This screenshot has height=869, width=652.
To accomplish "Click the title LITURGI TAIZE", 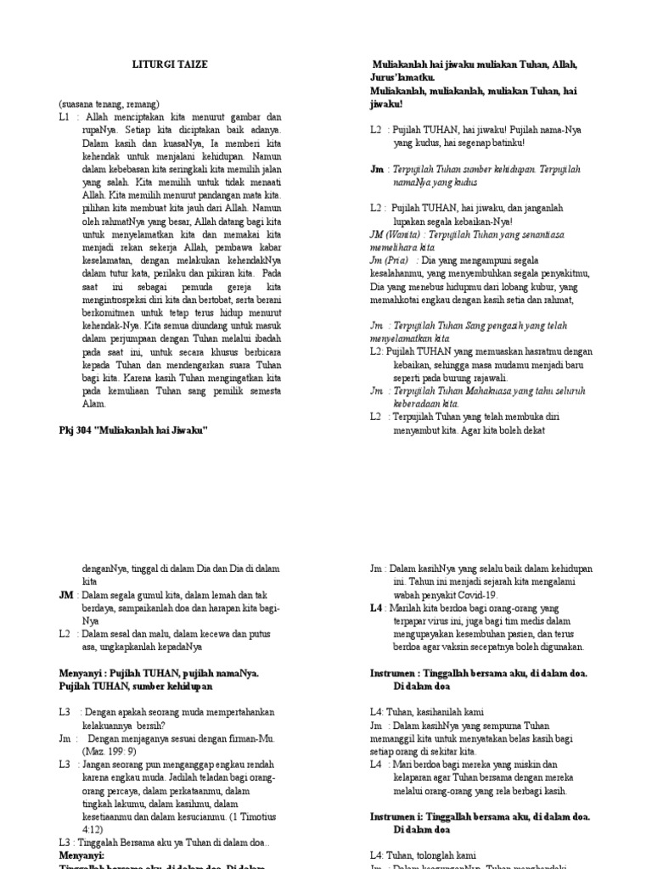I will point(171,64).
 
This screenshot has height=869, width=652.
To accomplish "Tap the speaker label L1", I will point(65,117).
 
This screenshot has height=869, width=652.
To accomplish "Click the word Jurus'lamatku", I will point(404,77).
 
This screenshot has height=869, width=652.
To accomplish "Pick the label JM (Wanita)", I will point(398,233).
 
